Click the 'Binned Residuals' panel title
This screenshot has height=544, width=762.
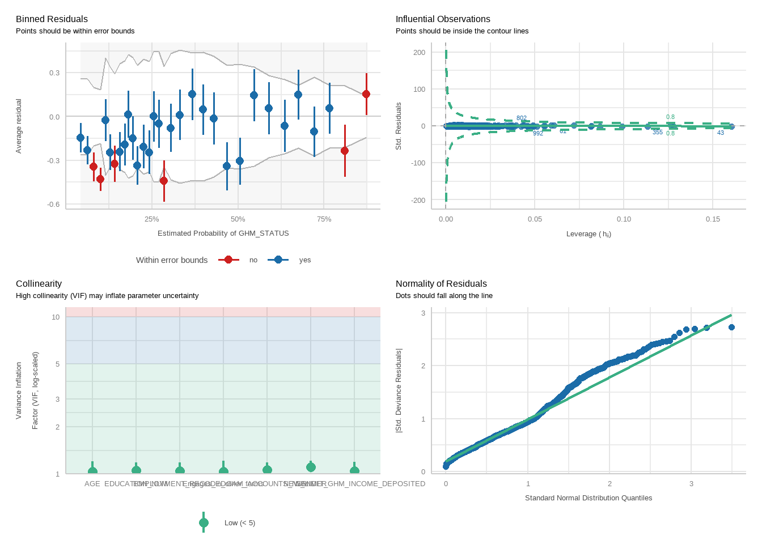[52, 19]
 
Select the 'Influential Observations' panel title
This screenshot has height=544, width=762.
[443, 19]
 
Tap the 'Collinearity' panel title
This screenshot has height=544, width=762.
[39, 284]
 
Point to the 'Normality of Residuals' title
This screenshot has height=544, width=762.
[441, 284]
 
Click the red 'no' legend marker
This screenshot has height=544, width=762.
[228, 260]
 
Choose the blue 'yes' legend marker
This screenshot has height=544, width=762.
[278, 260]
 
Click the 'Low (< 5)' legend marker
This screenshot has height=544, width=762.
[204, 523]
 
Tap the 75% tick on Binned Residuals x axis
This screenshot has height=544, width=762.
[324, 219]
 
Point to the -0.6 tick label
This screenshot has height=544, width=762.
[53, 205]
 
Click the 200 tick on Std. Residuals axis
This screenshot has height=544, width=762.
[419, 53]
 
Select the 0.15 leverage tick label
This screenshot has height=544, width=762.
[713, 219]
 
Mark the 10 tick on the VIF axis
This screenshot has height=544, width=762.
[56, 317]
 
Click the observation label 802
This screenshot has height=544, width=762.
[522, 118]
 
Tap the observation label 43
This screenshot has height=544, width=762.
[721, 133]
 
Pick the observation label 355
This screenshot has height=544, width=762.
[657, 133]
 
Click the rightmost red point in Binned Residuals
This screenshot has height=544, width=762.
[366, 94]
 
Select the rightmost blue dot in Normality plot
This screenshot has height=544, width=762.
[731, 328]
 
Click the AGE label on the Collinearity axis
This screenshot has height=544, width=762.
[92, 484]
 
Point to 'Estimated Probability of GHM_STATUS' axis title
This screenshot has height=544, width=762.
[223, 233]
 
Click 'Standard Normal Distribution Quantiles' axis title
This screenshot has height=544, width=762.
[588, 498]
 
